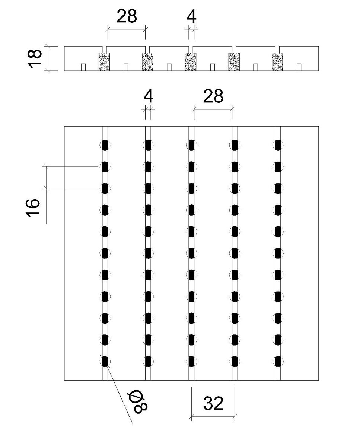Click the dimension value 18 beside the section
(35, 58)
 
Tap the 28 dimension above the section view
(127, 16)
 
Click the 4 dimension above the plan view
(148, 96)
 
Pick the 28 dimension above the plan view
(213, 96)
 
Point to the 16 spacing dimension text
(34, 208)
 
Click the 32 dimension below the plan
(213, 403)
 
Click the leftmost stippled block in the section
(104, 61)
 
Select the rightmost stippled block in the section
(277, 61)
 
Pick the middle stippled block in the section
(191, 61)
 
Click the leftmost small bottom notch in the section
(83, 67)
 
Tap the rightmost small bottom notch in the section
(299, 67)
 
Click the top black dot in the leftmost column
(105, 145)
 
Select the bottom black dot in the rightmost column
(278, 362)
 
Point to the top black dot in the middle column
(191, 145)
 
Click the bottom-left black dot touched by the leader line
(105, 362)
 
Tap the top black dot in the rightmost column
(278, 145)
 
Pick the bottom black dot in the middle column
(191, 362)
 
